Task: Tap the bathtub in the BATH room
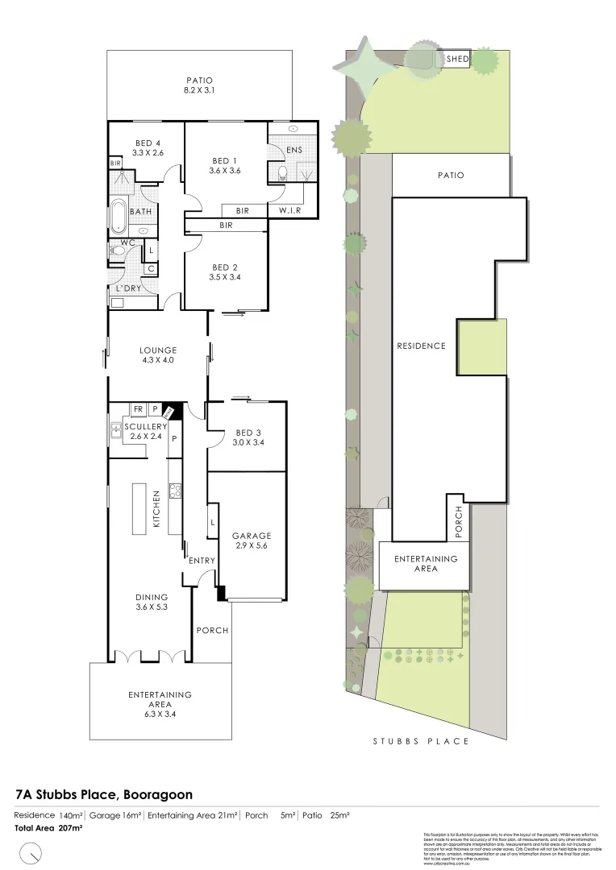pos(119,213)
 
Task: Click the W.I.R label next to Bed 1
pos(290,211)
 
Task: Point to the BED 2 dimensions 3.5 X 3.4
pos(225,277)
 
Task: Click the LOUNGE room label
pos(157,350)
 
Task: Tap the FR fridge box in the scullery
pos(138,410)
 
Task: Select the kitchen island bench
pos(139,507)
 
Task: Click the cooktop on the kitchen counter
pos(173,489)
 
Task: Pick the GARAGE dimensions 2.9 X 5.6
pos(252,545)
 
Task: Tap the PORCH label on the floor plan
pos(212,630)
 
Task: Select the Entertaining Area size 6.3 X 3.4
pos(160,714)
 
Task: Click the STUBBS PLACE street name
pos(420,741)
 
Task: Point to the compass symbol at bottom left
pos(31,851)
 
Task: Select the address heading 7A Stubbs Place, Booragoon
pos(104,793)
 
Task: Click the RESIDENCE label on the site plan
pos(420,346)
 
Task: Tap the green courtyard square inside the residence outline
pos(482,347)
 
